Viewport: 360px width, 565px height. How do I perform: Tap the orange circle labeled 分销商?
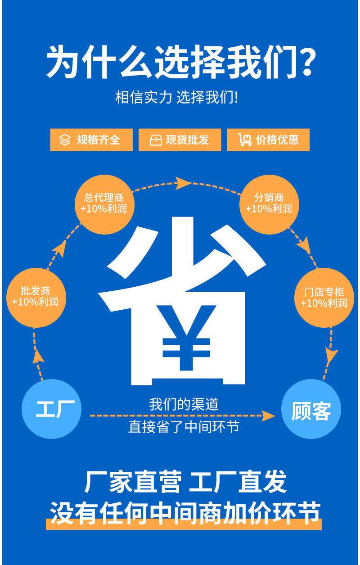click(x=269, y=203)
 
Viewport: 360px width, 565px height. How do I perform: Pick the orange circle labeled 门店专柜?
click(x=324, y=298)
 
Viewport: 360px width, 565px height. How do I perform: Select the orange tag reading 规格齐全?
click(x=91, y=140)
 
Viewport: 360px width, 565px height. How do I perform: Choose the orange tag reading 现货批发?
click(x=180, y=140)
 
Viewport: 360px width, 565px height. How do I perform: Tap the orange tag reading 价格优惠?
click(x=269, y=140)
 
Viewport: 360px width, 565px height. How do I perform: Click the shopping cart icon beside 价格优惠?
click(x=245, y=140)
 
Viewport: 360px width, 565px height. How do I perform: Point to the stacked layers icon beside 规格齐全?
click(x=65, y=140)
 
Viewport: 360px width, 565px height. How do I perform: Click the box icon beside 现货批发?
click(x=155, y=140)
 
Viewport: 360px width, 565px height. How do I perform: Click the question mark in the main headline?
click(x=302, y=62)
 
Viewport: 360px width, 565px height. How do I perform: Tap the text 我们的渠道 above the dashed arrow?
click(x=184, y=404)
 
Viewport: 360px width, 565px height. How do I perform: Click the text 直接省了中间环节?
click(x=184, y=426)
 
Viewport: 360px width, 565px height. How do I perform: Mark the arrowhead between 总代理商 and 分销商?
click(x=182, y=182)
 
